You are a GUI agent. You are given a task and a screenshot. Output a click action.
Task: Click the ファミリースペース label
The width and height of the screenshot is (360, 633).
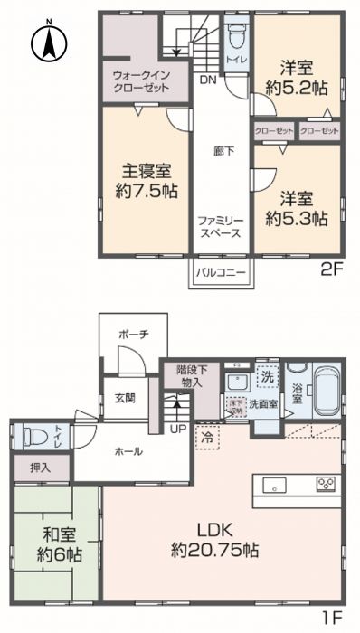tap(220, 226)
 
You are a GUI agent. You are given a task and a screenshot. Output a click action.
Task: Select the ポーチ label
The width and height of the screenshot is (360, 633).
tap(132, 335)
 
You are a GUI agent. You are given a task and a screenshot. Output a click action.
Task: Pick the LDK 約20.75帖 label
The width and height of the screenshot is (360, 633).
tap(215, 539)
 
